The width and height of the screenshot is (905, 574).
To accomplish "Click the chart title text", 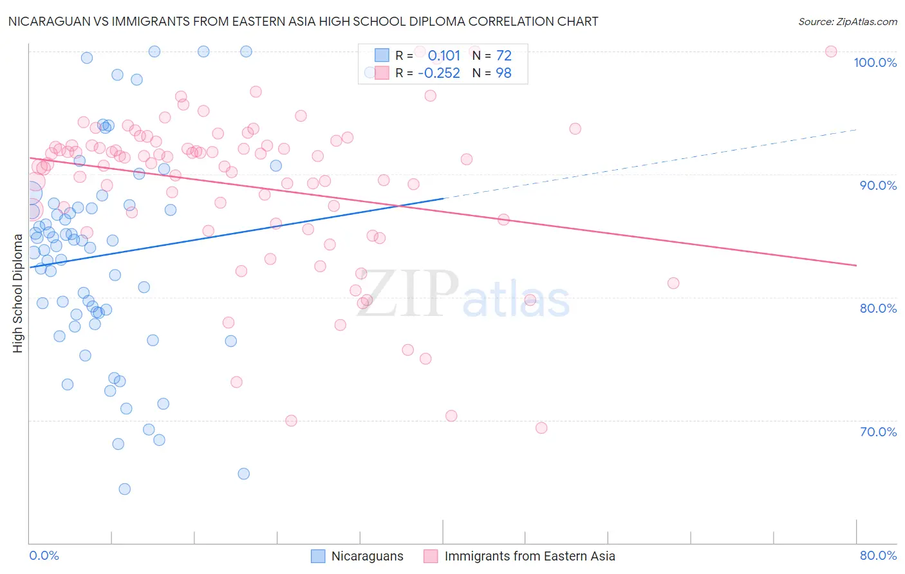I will [303, 21].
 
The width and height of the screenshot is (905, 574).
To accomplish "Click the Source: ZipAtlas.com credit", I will [847, 21].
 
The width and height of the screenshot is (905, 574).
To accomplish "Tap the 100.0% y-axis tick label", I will [875, 62].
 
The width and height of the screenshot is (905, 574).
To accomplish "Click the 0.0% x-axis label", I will [44, 555].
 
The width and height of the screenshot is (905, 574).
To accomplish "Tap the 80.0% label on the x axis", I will [878, 555].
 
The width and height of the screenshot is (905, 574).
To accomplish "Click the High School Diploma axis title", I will [17, 293].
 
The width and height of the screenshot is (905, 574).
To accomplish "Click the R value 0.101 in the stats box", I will [444, 55].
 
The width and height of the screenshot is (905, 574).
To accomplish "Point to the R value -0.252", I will [439, 73].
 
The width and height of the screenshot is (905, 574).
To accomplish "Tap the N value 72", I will [504, 55].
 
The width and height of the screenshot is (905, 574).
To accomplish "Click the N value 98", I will [503, 73].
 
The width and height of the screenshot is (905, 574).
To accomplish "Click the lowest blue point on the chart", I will [125, 489].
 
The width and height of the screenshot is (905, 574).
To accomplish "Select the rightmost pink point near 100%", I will [831, 51].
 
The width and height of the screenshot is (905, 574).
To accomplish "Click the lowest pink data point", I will [541, 428].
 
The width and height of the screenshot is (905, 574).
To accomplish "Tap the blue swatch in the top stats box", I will [382, 55].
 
